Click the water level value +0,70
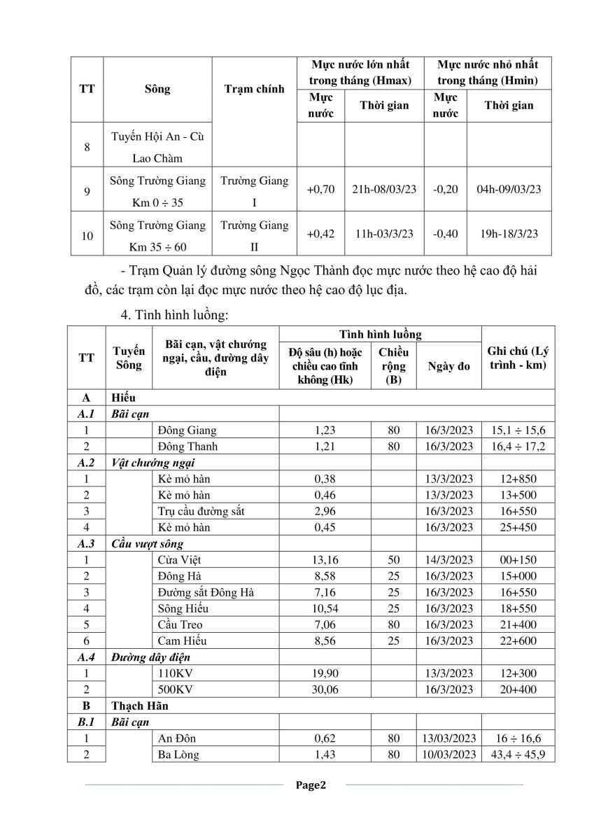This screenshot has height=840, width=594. tap(320, 189)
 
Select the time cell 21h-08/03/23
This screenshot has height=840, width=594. tap(383, 189)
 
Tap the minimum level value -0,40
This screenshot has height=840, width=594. tap(446, 234)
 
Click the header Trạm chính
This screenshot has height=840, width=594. tap(254, 89)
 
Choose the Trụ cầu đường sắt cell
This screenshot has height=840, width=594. tap(201, 511)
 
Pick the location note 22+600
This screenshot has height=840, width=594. tap(518, 640)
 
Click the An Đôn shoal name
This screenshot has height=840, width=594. tap(178, 738)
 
